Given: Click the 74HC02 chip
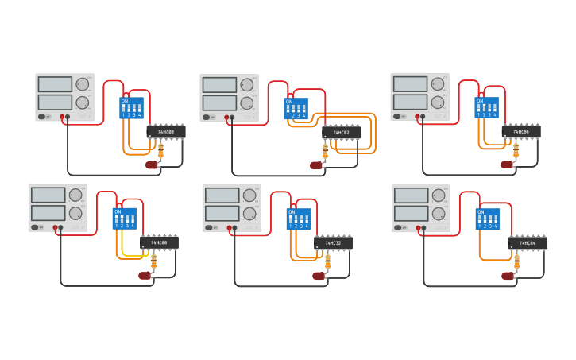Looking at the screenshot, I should coord(342,133).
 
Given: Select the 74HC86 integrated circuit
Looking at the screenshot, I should coord(521,132).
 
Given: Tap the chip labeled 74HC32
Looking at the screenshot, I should coord(333,243).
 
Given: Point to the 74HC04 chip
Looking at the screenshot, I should coord(528,243).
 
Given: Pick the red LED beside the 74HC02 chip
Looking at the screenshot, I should coord(316,165).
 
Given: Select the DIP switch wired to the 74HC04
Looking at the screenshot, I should coord(488,219).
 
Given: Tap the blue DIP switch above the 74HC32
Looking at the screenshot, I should coord(299,219).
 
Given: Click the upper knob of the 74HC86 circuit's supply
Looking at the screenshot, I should coord(438,84).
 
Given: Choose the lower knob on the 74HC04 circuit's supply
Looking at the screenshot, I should coord(439,213).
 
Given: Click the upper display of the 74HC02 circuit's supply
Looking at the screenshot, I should coord(219,85).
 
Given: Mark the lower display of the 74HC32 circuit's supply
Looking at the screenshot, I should coord(222,214).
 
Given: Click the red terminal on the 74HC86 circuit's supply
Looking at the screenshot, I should coord(417,117).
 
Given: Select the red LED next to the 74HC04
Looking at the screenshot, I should coord(507,276).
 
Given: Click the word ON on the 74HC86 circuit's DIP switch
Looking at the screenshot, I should coord(480,101).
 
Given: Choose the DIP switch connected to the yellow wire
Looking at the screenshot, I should coord(125,219).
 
